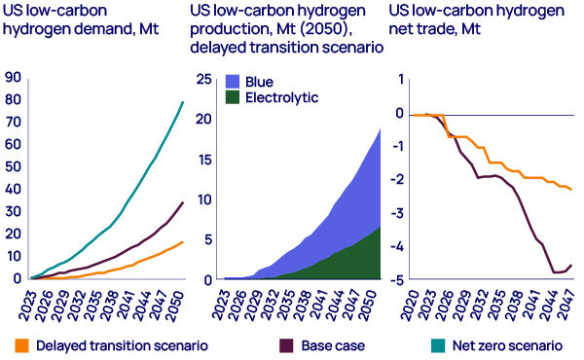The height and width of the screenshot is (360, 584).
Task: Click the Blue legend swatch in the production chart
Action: tap(232, 83)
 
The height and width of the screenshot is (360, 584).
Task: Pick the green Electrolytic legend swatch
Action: tap(232, 98)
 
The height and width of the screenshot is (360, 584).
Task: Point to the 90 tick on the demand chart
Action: tap(14, 77)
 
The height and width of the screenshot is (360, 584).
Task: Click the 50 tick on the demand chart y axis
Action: tap(14, 166)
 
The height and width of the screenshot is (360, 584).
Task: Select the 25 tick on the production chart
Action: tap(206, 80)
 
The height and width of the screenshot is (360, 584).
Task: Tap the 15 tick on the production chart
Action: tap(206, 160)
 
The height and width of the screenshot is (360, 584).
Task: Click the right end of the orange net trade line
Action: tap(571, 190)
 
